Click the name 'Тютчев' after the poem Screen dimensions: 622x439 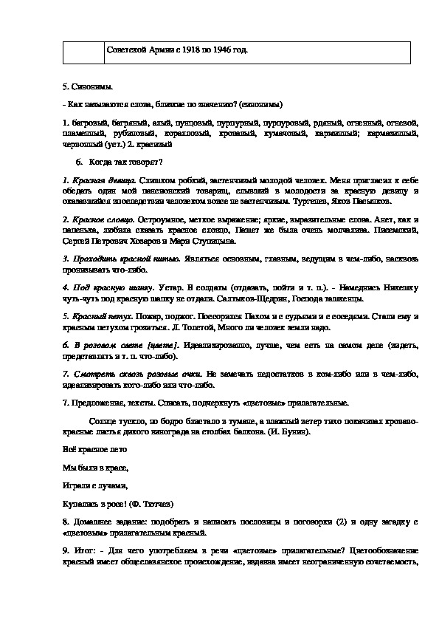click(153, 504)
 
